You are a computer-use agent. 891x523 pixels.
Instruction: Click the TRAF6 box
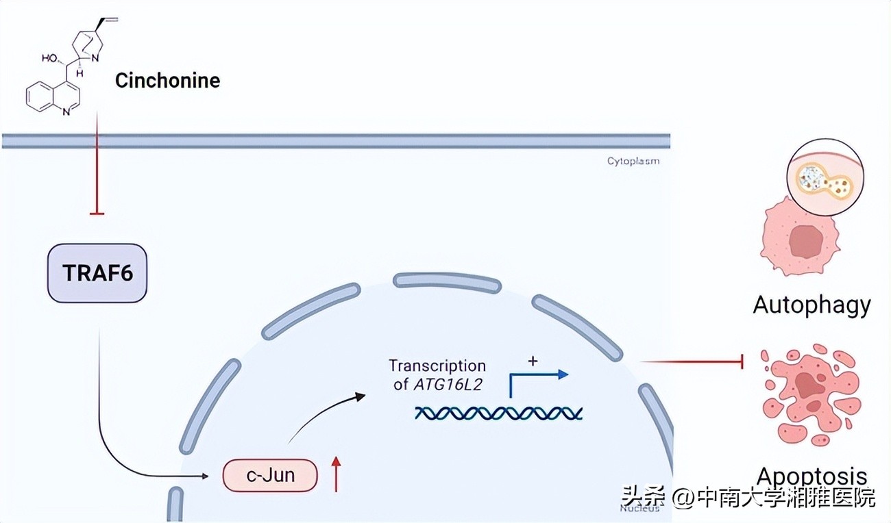tap(97, 273)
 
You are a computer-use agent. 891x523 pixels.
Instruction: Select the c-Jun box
tap(270, 475)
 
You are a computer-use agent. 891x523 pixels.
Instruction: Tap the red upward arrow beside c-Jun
tap(336, 474)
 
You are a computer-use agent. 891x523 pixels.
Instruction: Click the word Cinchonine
tap(167, 81)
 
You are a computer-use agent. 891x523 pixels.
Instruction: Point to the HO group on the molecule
tap(50, 58)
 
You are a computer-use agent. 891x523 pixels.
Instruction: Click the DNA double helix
tap(498, 412)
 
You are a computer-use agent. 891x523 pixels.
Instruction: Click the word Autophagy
tap(811, 304)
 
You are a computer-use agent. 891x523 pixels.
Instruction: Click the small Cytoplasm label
tap(633, 162)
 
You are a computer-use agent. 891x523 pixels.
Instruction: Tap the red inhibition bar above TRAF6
tap(97, 214)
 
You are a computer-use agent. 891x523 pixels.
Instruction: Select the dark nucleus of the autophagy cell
tap(805, 241)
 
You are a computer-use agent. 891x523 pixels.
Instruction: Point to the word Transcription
tap(437, 366)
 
